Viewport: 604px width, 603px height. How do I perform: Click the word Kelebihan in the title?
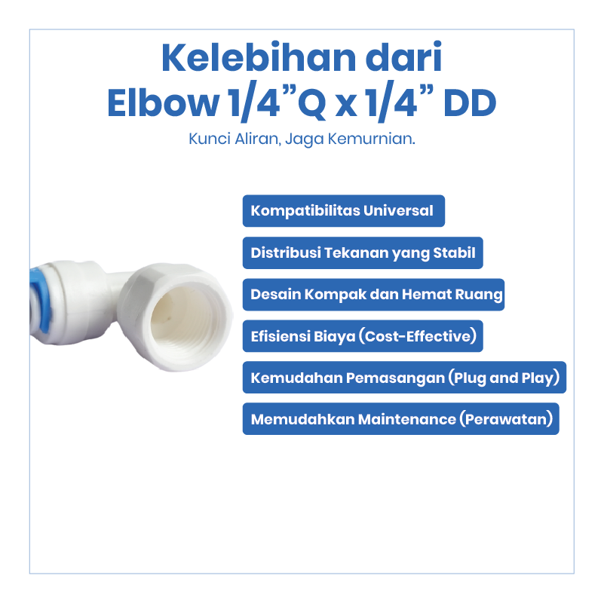[259, 58]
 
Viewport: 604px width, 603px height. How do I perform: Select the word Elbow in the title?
[163, 103]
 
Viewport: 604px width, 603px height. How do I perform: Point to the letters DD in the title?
[470, 103]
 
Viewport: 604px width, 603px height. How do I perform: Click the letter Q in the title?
[312, 104]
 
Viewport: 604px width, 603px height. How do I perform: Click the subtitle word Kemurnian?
[371, 139]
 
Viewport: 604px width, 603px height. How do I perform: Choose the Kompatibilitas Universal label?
[344, 210]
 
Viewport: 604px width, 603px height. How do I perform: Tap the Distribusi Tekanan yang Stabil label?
[363, 253]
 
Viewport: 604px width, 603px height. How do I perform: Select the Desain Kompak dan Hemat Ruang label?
[374, 295]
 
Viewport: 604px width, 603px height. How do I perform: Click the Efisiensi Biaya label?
[363, 336]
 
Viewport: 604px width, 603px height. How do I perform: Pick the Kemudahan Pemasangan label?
[404, 378]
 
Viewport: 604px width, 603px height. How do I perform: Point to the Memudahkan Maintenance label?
[401, 419]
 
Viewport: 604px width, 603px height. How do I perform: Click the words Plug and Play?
[504, 378]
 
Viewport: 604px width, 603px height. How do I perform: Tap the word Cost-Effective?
[418, 336]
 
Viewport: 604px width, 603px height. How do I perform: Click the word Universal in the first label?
[398, 210]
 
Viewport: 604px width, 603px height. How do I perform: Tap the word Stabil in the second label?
[455, 253]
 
